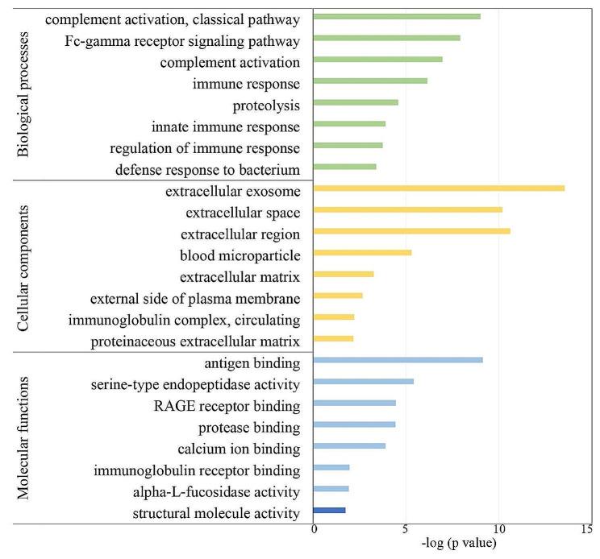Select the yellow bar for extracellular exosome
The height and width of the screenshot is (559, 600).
coord(439,188)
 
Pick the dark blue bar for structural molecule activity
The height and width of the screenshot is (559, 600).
coord(329,510)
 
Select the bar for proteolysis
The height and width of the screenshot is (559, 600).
coord(356,102)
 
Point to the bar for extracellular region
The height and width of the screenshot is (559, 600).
coord(411,231)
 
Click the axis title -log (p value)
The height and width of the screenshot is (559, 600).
coord(459,545)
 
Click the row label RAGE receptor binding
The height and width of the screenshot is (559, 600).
coord(227,404)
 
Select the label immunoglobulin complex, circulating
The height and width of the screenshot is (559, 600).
coord(196,320)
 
